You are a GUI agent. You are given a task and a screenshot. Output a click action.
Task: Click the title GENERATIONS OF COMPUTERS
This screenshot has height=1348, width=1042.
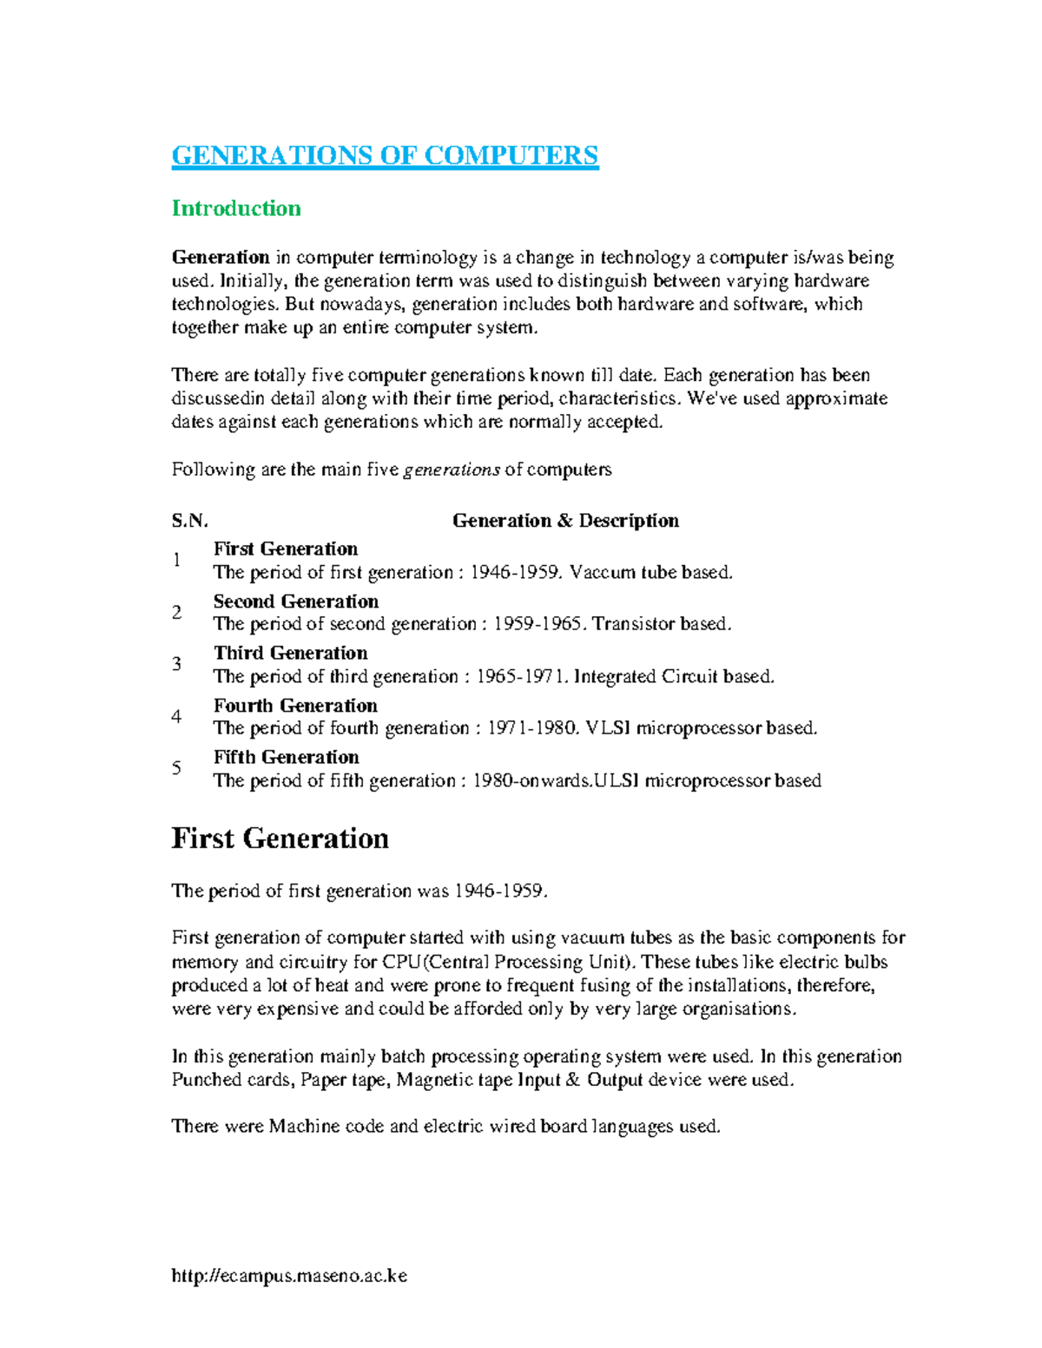(385, 155)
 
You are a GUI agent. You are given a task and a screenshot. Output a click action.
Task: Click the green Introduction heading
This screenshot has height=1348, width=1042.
(236, 208)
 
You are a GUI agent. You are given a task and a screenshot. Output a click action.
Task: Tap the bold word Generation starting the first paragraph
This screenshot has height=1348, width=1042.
(221, 257)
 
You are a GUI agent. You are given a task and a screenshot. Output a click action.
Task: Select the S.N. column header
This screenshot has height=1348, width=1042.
(189, 521)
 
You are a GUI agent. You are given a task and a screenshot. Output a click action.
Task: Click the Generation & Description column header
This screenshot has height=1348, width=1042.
(565, 521)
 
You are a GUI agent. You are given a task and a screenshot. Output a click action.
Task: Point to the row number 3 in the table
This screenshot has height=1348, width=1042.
(177, 664)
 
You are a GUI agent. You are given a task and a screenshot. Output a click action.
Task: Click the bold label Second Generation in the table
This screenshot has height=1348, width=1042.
(296, 602)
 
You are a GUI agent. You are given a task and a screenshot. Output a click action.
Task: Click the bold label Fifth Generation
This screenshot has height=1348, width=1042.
(287, 757)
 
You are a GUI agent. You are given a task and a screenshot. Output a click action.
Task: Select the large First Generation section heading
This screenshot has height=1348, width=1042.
(280, 838)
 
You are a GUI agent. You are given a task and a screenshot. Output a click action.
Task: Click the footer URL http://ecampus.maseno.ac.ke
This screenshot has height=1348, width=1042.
(289, 1276)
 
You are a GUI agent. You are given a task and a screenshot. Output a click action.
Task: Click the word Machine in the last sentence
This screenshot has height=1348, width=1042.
(304, 1127)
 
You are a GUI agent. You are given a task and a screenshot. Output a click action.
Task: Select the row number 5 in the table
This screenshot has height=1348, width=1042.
(177, 768)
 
